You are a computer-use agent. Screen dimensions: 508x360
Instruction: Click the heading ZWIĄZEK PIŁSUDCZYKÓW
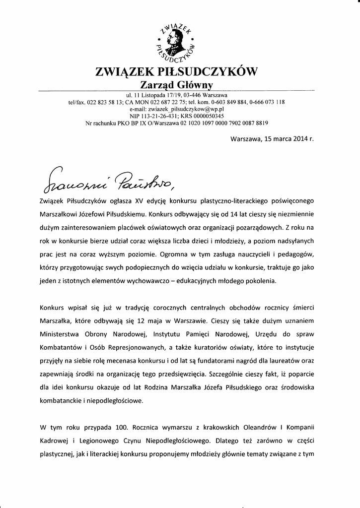click(x=176, y=72)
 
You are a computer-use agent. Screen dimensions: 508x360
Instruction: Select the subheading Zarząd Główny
click(x=176, y=85)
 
